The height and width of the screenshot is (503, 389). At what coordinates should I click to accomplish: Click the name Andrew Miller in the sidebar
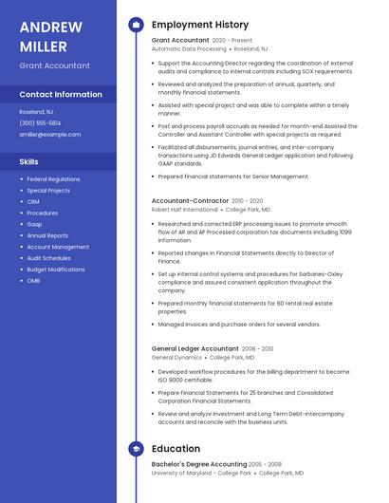(x=50, y=36)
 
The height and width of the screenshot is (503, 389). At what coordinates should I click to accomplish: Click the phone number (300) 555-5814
(x=40, y=122)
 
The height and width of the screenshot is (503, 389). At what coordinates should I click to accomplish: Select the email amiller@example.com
(x=49, y=134)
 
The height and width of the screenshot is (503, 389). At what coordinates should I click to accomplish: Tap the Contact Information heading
(x=61, y=95)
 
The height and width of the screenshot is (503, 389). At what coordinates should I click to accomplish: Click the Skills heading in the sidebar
(x=29, y=161)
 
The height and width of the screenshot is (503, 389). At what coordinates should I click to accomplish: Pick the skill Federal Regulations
(x=53, y=178)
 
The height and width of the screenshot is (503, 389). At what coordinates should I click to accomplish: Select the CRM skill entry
(x=33, y=201)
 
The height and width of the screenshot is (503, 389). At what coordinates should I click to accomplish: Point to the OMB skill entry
(x=33, y=280)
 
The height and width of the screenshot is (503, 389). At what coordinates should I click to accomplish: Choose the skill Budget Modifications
(x=55, y=269)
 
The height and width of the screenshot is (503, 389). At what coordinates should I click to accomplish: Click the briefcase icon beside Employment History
(x=136, y=25)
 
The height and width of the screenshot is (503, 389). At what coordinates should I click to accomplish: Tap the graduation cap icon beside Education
(x=136, y=449)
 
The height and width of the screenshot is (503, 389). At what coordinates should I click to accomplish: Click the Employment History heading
(x=199, y=25)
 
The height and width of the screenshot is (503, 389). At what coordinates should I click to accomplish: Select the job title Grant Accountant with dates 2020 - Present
(x=180, y=41)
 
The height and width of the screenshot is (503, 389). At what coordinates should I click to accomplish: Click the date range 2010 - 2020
(x=247, y=200)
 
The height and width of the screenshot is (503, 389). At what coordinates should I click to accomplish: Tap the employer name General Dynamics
(x=176, y=358)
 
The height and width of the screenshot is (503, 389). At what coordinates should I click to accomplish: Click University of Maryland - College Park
(x=201, y=473)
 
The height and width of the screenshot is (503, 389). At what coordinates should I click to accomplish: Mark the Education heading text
(x=176, y=449)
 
